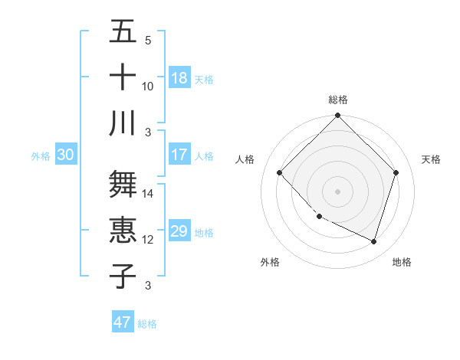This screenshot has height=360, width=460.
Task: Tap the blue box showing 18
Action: (179, 78)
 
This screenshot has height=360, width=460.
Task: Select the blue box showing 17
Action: (179, 155)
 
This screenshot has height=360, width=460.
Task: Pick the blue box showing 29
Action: (179, 231)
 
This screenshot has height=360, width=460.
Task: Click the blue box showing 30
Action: (66, 155)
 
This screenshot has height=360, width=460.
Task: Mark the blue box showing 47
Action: (123, 322)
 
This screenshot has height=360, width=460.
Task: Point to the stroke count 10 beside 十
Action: (148, 86)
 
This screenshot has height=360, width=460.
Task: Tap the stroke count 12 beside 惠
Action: (148, 240)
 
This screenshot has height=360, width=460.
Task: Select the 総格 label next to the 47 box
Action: (147, 324)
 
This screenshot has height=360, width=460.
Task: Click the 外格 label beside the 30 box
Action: (41, 156)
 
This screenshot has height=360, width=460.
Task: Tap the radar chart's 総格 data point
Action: (338, 116)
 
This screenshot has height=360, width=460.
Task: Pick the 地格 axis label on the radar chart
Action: (402, 262)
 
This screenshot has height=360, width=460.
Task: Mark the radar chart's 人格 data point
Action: (280, 173)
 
